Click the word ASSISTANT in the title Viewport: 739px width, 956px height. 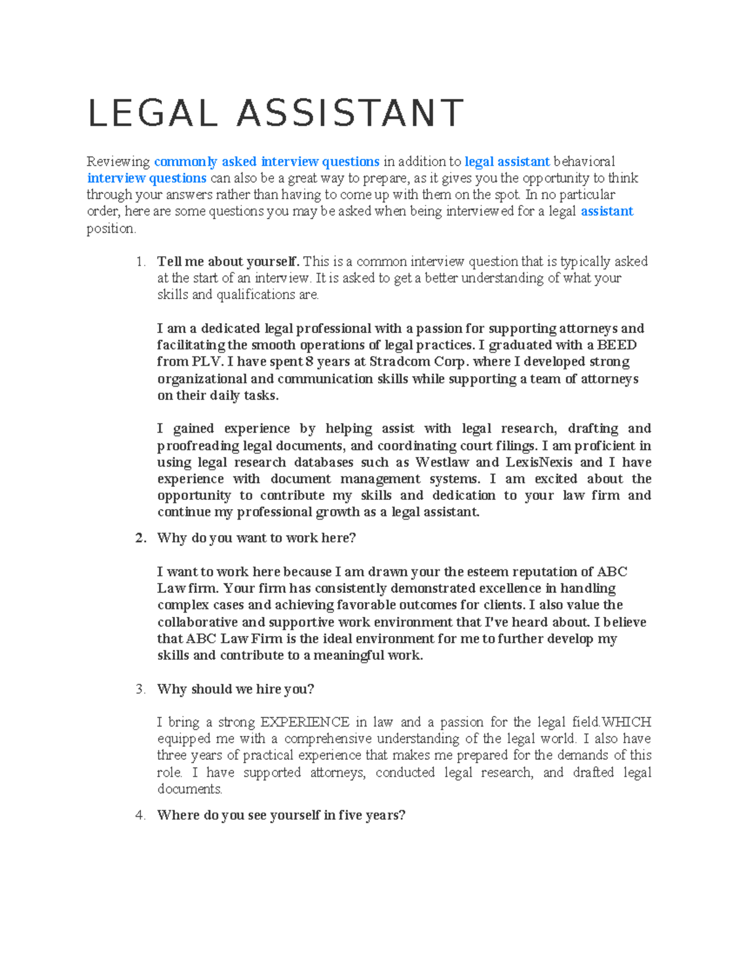(350, 113)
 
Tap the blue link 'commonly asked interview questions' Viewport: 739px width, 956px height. (266, 162)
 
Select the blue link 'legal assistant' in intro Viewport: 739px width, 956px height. (507, 162)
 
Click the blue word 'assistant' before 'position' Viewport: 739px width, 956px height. (607, 212)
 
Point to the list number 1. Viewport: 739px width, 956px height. (140, 262)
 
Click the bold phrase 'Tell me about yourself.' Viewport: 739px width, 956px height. (228, 262)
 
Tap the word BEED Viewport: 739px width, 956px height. (616, 345)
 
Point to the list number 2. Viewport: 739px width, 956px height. (140, 538)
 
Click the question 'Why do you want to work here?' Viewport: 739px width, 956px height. (256, 538)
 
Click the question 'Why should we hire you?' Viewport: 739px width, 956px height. (235, 689)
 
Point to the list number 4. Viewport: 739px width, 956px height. (140, 816)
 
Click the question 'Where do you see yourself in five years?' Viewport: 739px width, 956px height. (281, 816)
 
